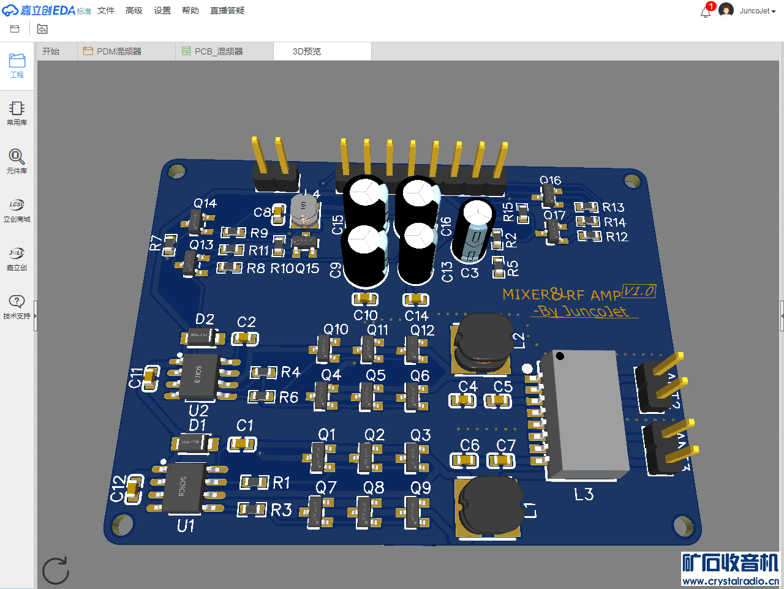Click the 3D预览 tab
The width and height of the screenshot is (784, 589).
[x=307, y=51]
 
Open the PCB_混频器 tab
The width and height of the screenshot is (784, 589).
[x=218, y=51]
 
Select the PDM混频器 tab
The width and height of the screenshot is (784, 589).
[x=118, y=51]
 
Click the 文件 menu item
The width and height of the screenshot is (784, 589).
[x=106, y=10]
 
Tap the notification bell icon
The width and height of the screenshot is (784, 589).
[x=706, y=12]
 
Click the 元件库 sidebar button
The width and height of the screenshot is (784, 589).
[x=17, y=161]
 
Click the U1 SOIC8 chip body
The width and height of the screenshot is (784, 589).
[x=183, y=488]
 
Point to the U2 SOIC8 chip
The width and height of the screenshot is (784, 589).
[x=198, y=374]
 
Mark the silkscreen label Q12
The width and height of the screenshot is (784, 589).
[x=422, y=331]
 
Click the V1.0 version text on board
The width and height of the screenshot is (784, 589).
[x=639, y=291]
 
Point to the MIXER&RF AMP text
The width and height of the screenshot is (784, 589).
[x=561, y=295]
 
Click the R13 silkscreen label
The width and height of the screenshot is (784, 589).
[x=613, y=208]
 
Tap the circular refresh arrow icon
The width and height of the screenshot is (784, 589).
[x=56, y=571]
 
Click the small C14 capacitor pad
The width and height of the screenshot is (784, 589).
[x=415, y=299]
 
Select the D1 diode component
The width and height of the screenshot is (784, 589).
[x=194, y=443]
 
